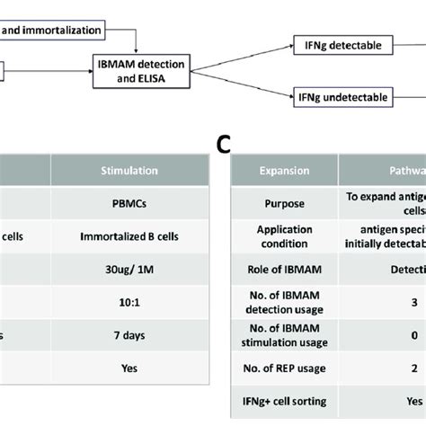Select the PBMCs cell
[x=130, y=203]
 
